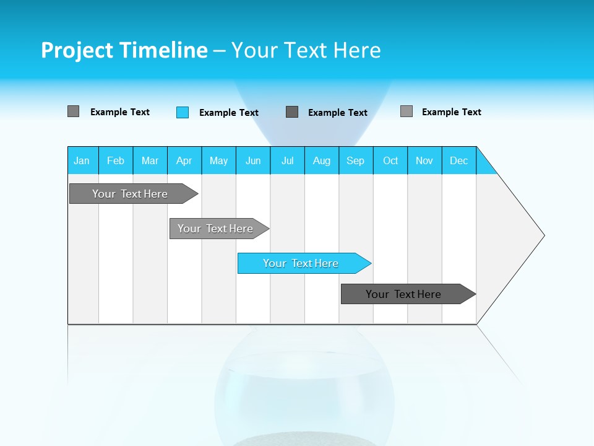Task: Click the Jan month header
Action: pos(82,160)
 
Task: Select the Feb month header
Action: pos(116,160)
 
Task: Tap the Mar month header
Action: pos(150,160)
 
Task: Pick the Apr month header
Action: pos(184,160)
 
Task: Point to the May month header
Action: pos(218,160)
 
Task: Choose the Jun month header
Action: pos(253,160)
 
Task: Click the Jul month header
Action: pos(287,160)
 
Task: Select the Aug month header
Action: pos(322,160)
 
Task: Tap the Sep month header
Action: pos(356,160)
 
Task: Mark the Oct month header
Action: pos(390,160)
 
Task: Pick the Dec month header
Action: pos(459,160)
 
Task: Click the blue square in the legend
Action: pos(183,112)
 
